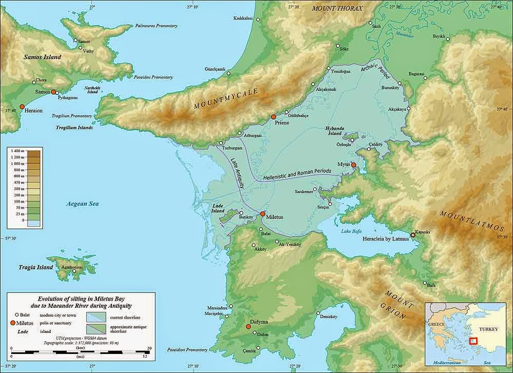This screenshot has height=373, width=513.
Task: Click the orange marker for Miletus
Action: pyautogui.click(x=263, y=214)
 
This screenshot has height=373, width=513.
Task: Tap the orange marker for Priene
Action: pyautogui.click(x=273, y=117)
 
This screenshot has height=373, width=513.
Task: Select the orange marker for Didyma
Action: pyautogui.click(x=248, y=326)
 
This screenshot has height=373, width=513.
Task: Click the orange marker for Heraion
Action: pyautogui.click(x=22, y=106)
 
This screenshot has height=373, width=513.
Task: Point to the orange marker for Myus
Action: pyautogui.click(x=353, y=164)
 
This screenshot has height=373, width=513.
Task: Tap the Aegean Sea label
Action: pyautogui.click(x=82, y=204)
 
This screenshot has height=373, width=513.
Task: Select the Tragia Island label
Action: pyautogui.click(x=36, y=267)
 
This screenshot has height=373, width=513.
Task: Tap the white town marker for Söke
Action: pyautogui.click(x=338, y=46)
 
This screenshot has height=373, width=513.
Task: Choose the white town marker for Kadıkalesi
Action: pyautogui.click(x=258, y=20)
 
